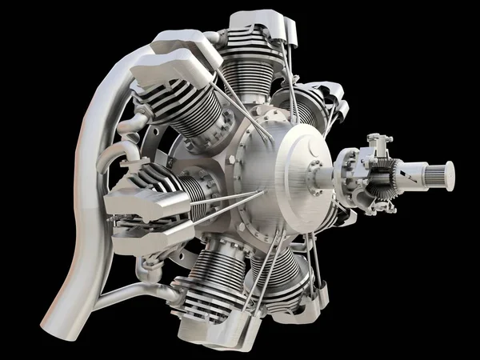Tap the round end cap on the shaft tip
tap(449, 176)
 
